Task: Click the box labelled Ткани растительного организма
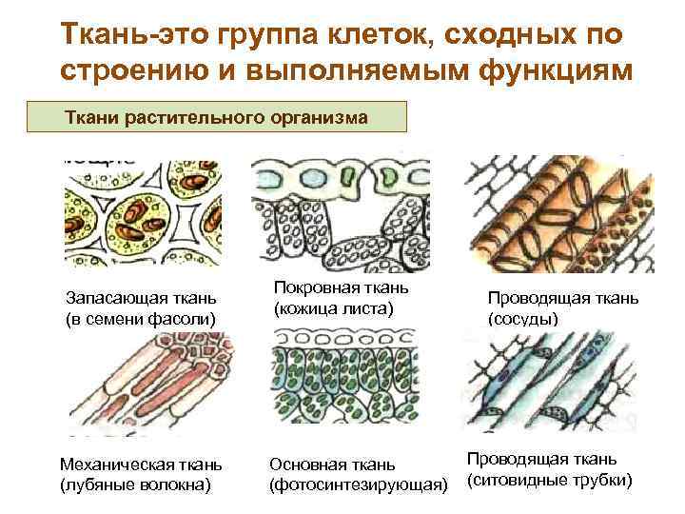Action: pyautogui.click(x=229, y=118)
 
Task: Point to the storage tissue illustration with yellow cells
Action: pyautogui.click(x=141, y=210)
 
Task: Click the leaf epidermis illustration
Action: pyautogui.click(x=340, y=208)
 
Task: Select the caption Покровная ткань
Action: pyautogui.click(x=341, y=287)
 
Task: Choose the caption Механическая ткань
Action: pyautogui.click(x=140, y=465)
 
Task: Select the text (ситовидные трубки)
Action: pyautogui.click(x=549, y=480)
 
